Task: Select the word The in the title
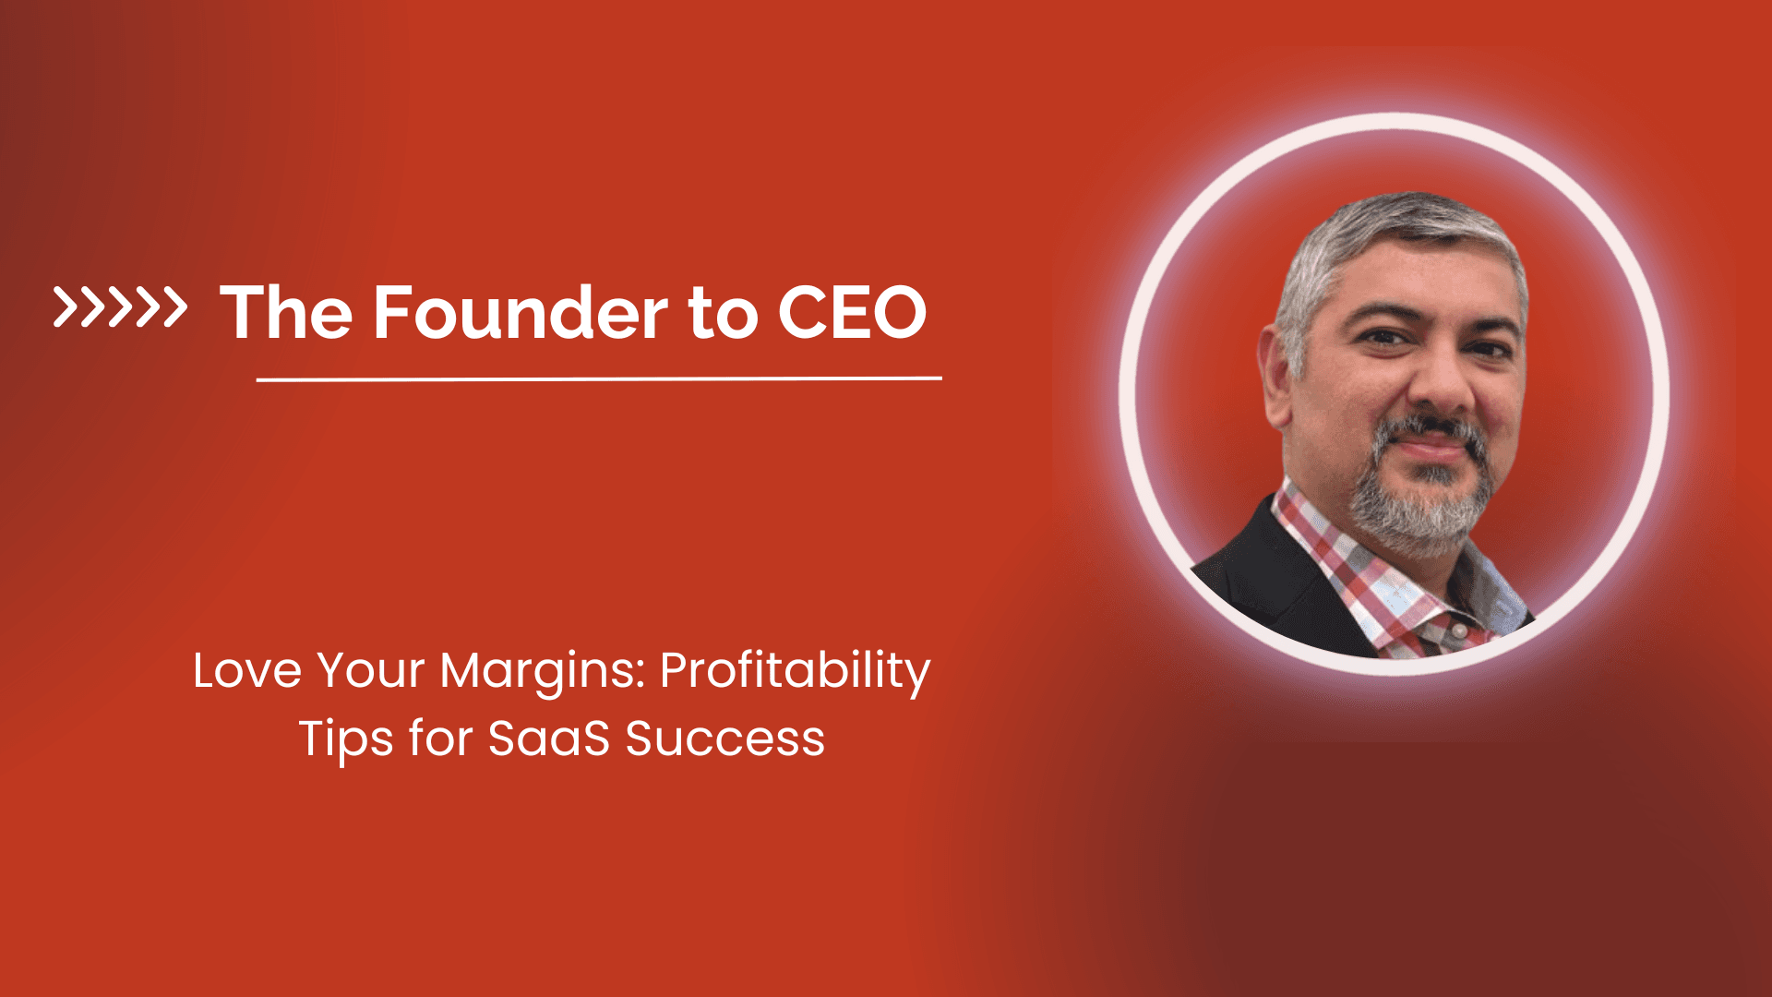click(x=286, y=312)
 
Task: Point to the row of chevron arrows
click(x=120, y=307)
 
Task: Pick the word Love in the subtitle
click(x=246, y=670)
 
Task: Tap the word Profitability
click(x=795, y=672)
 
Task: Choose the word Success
click(x=724, y=739)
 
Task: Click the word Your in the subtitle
click(x=371, y=672)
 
